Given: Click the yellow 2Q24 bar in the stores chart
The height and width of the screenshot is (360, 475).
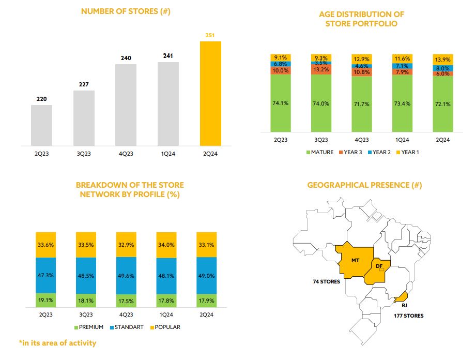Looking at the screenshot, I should (210, 93).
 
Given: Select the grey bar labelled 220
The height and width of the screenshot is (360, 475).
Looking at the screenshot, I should (41, 126).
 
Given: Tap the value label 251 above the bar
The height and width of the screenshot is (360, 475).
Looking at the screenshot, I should (210, 35).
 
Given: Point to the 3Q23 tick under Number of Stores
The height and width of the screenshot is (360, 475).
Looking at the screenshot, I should (84, 153).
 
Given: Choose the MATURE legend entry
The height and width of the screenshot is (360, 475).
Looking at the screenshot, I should (323, 152).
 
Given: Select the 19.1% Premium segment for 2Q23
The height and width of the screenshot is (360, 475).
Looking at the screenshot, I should (45, 300).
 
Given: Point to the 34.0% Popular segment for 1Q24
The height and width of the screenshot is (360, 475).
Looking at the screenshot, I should (166, 245).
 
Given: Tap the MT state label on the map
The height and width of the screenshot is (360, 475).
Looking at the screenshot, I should (355, 260).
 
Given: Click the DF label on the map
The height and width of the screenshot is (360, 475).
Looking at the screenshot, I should (379, 266).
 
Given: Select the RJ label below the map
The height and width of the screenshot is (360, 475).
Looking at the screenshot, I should (397, 305).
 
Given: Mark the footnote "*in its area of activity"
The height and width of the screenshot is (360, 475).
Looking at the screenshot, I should (57, 342).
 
